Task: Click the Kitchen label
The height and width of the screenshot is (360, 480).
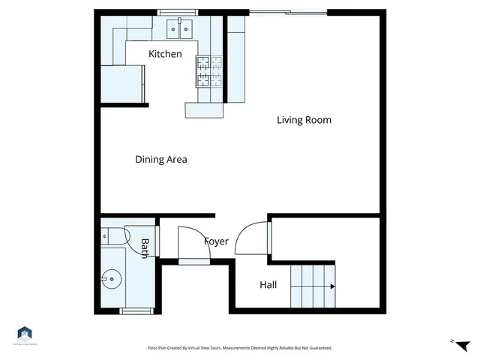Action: pos(165,54)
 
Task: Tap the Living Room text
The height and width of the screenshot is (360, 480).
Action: pos(304,120)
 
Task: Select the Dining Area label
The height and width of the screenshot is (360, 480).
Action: pos(160,160)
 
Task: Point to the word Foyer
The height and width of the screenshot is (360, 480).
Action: pos(216,241)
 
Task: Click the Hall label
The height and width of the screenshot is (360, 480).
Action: pos(268,285)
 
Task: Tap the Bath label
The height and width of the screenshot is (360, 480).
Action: pos(145,248)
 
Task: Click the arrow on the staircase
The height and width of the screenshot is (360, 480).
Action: pos(331,286)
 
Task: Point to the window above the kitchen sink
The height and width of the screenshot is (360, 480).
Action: pos(178,12)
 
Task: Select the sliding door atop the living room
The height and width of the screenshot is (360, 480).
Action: pos(288,12)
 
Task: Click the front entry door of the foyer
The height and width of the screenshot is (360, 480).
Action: pos(194,260)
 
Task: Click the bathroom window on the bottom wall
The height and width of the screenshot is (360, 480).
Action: pos(136,310)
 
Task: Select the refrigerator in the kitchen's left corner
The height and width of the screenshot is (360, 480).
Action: pos(121,82)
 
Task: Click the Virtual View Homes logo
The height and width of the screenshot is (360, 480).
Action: pos(25,334)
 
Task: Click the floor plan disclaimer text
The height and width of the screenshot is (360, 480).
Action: pos(240,348)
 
